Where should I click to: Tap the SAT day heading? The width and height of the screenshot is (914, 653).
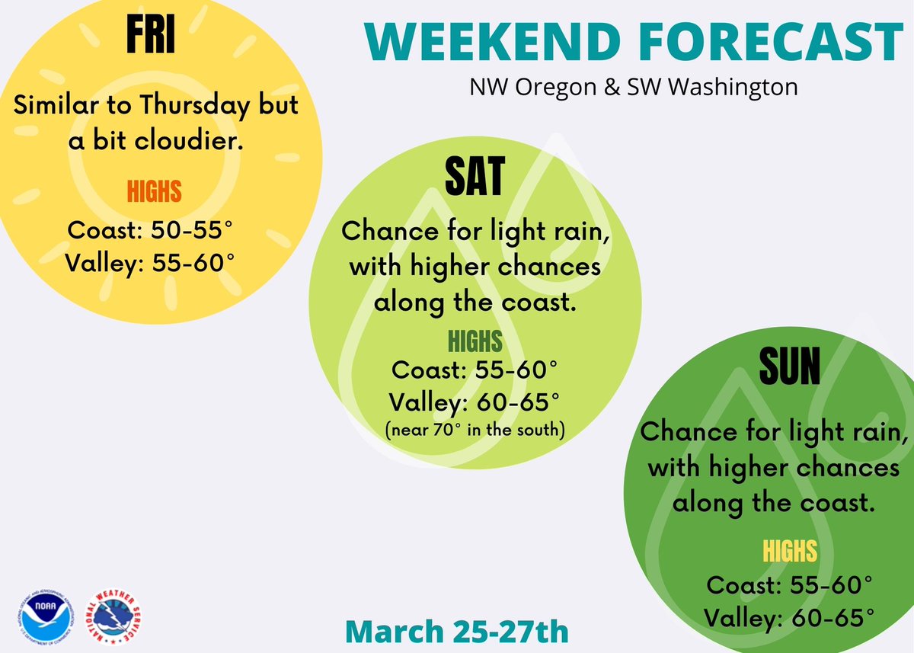[x=474, y=177]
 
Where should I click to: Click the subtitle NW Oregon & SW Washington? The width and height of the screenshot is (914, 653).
[x=633, y=87]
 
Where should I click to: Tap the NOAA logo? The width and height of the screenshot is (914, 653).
[x=43, y=614]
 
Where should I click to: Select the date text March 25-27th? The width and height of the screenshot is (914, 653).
[x=456, y=632]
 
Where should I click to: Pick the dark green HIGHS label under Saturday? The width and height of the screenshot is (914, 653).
[x=475, y=341]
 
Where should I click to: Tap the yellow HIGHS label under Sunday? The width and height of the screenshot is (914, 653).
[x=789, y=550]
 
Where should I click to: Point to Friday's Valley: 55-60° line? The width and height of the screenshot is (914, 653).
[x=149, y=263]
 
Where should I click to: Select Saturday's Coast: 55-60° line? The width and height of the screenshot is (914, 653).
[x=475, y=371]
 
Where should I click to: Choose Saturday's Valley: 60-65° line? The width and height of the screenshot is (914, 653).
[x=475, y=402]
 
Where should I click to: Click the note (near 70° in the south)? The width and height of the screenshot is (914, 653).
[x=475, y=431]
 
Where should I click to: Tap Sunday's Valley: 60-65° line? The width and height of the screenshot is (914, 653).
[x=788, y=616]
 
